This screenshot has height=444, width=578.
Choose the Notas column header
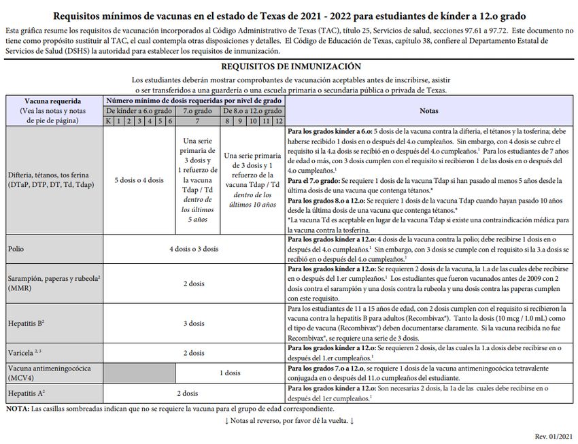pos(429,111)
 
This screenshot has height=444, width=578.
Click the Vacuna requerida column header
pos(53,101)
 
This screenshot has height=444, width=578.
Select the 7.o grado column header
pos(197,111)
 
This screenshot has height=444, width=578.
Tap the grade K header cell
pos(108,121)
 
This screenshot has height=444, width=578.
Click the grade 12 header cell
pos(278,121)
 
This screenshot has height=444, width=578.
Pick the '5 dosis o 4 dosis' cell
pos(139,180)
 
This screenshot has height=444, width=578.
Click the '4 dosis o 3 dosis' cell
pos(194,250)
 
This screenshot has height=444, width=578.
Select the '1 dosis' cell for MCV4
pos(231,373)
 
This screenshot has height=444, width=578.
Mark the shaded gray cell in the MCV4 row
pos(139,373)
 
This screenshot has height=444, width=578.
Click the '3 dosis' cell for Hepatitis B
pos(194,322)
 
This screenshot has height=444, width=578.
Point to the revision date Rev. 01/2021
pos(554,435)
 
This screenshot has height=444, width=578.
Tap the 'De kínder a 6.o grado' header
pos(139,111)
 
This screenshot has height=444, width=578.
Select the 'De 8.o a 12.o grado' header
pos(252,111)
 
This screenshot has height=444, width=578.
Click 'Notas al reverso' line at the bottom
pos(289,421)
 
